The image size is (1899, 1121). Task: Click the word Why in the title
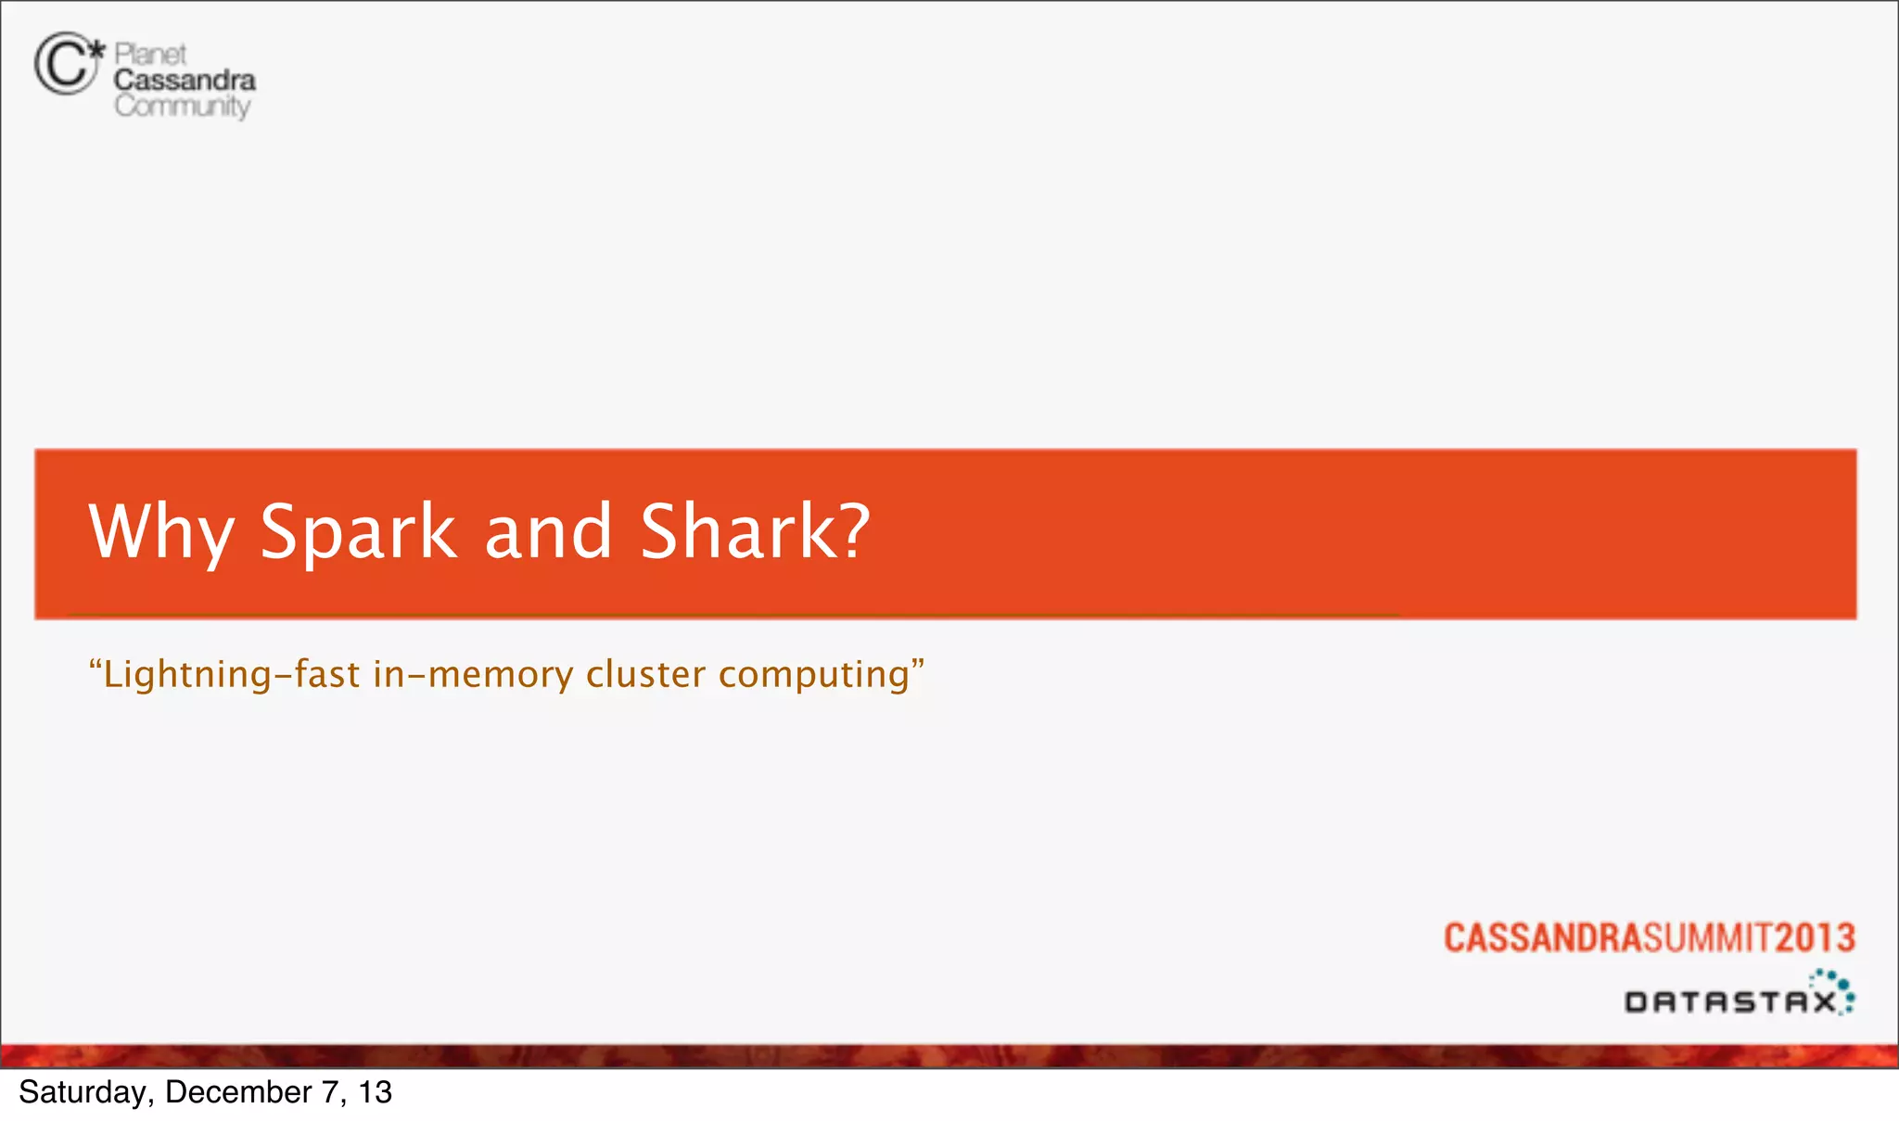point(160,531)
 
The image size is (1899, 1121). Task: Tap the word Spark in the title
point(358,531)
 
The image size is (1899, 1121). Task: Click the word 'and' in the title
point(548,531)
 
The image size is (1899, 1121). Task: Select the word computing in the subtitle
point(814,675)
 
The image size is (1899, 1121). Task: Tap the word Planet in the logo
point(150,54)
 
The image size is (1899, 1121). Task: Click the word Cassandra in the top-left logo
point(185,80)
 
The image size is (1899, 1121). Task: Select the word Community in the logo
point(183,106)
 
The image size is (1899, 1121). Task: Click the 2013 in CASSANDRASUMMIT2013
point(1815,937)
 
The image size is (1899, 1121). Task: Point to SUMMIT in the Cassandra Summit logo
point(1708,937)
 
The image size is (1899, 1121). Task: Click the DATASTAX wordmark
point(1729,1002)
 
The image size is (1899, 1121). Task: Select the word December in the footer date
point(238,1092)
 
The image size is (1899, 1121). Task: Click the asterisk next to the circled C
point(96,48)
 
